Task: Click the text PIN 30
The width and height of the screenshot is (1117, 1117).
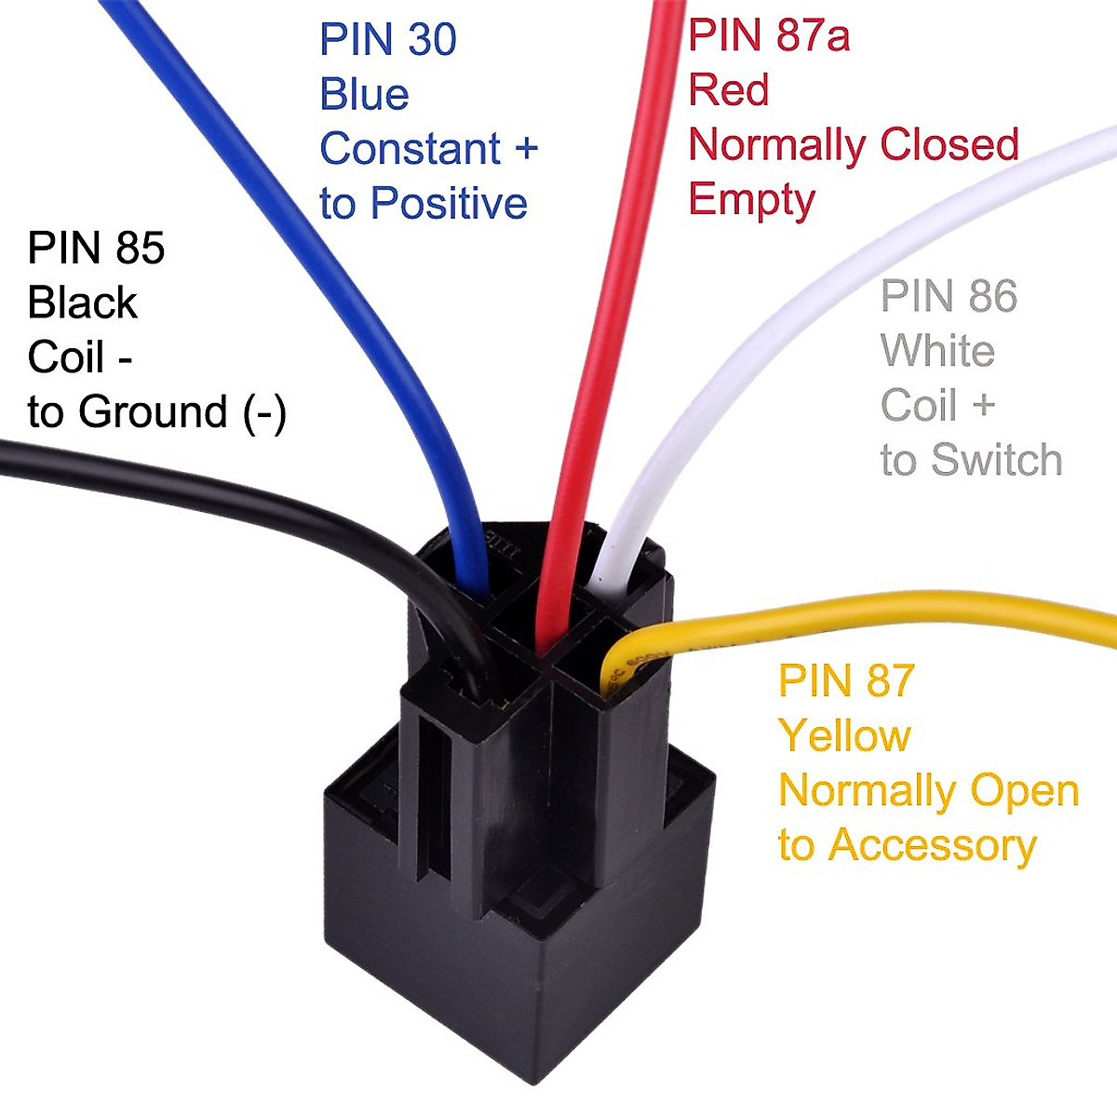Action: pos(387,40)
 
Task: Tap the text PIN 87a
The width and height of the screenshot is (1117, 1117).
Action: pos(768,36)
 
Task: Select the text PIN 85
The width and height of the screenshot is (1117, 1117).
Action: pos(96,249)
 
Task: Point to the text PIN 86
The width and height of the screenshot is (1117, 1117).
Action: pos(949,297)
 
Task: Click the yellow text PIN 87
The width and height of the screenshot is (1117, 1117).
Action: pos(846,681)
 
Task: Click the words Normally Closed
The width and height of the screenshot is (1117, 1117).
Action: pos(853,145)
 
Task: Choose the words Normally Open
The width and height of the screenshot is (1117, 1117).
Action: pos(928,791)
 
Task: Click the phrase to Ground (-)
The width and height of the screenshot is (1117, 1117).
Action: pos(156,412)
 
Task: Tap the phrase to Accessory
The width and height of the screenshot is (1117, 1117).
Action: pos(907,845)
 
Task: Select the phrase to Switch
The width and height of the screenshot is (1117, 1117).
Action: pos(971,461)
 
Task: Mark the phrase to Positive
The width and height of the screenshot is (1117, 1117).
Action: pos(423,204)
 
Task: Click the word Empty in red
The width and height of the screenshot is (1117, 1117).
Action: pos(751,200)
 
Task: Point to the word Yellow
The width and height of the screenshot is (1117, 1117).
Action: pos(843,736)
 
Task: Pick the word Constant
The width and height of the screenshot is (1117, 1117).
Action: pos(410,149)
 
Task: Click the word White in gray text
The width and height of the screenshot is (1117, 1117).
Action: pos(936,352)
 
